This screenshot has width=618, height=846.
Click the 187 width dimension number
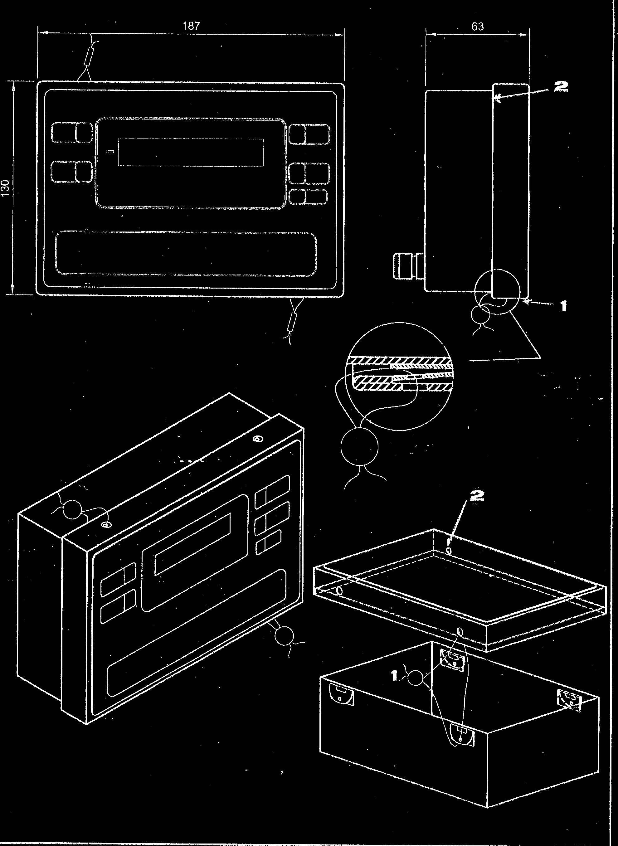[x=191, y=26]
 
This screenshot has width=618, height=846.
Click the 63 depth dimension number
[x=478, y=26]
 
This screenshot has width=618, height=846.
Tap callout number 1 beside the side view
[x=563, y=306]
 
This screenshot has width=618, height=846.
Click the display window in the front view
[x=191, y=152]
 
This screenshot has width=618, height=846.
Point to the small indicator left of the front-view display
[x=109, y=152]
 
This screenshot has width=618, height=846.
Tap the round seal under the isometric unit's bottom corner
[x=284, y=635]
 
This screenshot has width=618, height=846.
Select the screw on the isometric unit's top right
[x=257, y=439]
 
